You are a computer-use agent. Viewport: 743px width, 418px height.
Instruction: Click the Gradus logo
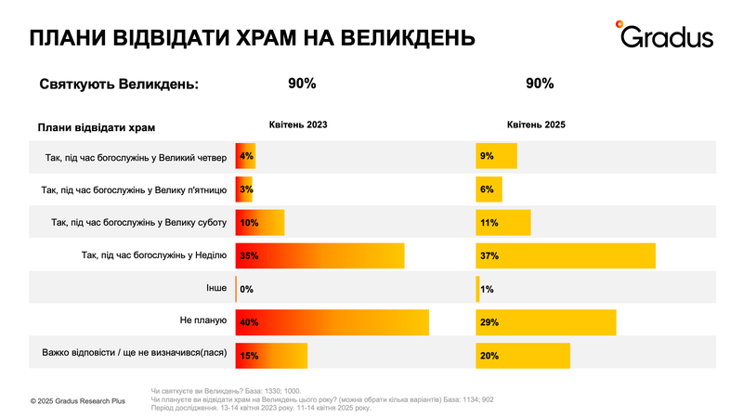[x=665, y=34]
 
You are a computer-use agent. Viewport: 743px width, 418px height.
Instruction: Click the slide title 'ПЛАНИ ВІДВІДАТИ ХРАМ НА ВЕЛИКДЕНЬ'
[x=253, y=38]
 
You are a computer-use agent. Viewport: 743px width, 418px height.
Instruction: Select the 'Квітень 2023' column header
[x=298, y=124]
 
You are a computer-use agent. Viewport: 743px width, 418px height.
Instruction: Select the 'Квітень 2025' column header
[x=536, y=124]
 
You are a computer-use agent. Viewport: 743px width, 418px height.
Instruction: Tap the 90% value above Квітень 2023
[x=302, y=84]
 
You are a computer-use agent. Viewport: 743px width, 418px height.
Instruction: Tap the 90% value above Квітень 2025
[x=540, y=84]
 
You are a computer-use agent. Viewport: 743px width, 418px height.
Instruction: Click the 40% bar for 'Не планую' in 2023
[x=332, y=322]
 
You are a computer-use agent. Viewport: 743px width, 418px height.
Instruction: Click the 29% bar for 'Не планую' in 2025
[x=546, y=322]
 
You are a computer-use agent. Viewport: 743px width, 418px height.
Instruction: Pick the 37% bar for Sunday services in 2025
[x=566, y=255]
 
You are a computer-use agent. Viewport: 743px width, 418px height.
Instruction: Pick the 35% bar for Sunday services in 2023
[x=319, y=255]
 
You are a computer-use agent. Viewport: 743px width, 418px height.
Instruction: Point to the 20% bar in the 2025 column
[x=523, y=356]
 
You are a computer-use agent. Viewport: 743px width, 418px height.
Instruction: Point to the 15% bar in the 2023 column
[x=271, y=356]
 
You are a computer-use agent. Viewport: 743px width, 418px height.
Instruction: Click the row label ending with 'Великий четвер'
[x=136, y=157]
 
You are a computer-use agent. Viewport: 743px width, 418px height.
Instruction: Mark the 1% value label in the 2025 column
[x=487, y=290]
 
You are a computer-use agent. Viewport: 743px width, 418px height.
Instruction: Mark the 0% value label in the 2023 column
[x=247, y=290]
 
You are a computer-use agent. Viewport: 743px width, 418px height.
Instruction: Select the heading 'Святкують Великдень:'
[x=120, y=85]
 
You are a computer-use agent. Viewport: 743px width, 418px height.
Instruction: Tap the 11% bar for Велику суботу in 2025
[x=502, y=223]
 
